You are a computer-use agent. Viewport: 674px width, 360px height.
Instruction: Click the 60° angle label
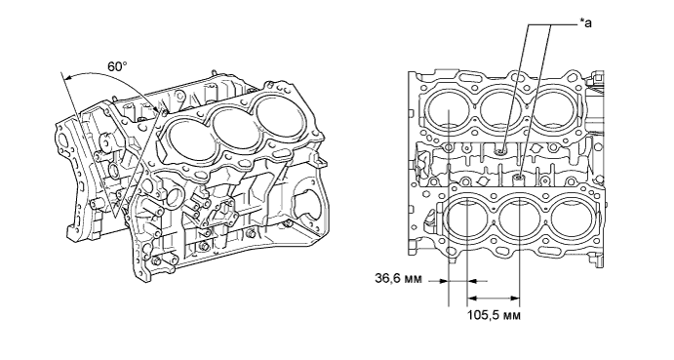pos(117,66)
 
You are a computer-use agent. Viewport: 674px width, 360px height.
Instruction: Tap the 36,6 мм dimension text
pos(399,279)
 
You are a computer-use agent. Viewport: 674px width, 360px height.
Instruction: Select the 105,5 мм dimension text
pos(494,315)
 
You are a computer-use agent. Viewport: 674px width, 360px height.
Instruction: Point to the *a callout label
pos(586,23)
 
